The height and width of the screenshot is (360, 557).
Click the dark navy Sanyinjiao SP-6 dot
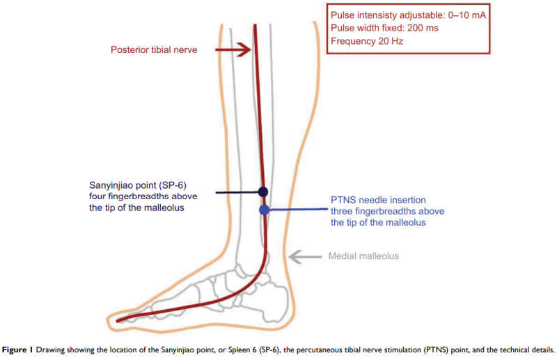pyautogui.click(x=263, y=192)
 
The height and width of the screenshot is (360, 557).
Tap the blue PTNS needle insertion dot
pyautogui.click(x=265, y=210)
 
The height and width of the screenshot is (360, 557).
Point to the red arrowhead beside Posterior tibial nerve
pyautogui.click(x=244, y=49)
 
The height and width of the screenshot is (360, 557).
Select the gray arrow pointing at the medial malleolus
pyautogui.click(x=306, y=256)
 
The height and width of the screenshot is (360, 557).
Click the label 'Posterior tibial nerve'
pyautogui.click(x=154, y=49)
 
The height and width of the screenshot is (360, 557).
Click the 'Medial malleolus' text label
pyautogui.click(x=363, y=256)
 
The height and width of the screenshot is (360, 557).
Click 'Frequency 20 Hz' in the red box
pyautogui.click(x=367, y=41)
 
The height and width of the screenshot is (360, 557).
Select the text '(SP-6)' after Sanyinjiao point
pyautogui.click(x=173, y=185)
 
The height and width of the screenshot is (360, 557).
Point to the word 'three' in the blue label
pyautogui.click(x=342, y=212)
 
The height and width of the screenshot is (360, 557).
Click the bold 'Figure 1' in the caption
pyautogui.click(x=17, y=350)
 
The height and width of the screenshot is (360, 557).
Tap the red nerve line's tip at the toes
pyautogui.click(x=117, y=321)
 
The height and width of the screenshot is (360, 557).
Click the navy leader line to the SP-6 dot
pyautogui.click(x=237, y=193)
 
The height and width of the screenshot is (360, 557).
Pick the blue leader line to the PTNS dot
pyautogui.click(x=299, y=210)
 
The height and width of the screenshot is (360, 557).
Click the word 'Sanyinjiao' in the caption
pyautogui.click(x=178, y=350)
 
